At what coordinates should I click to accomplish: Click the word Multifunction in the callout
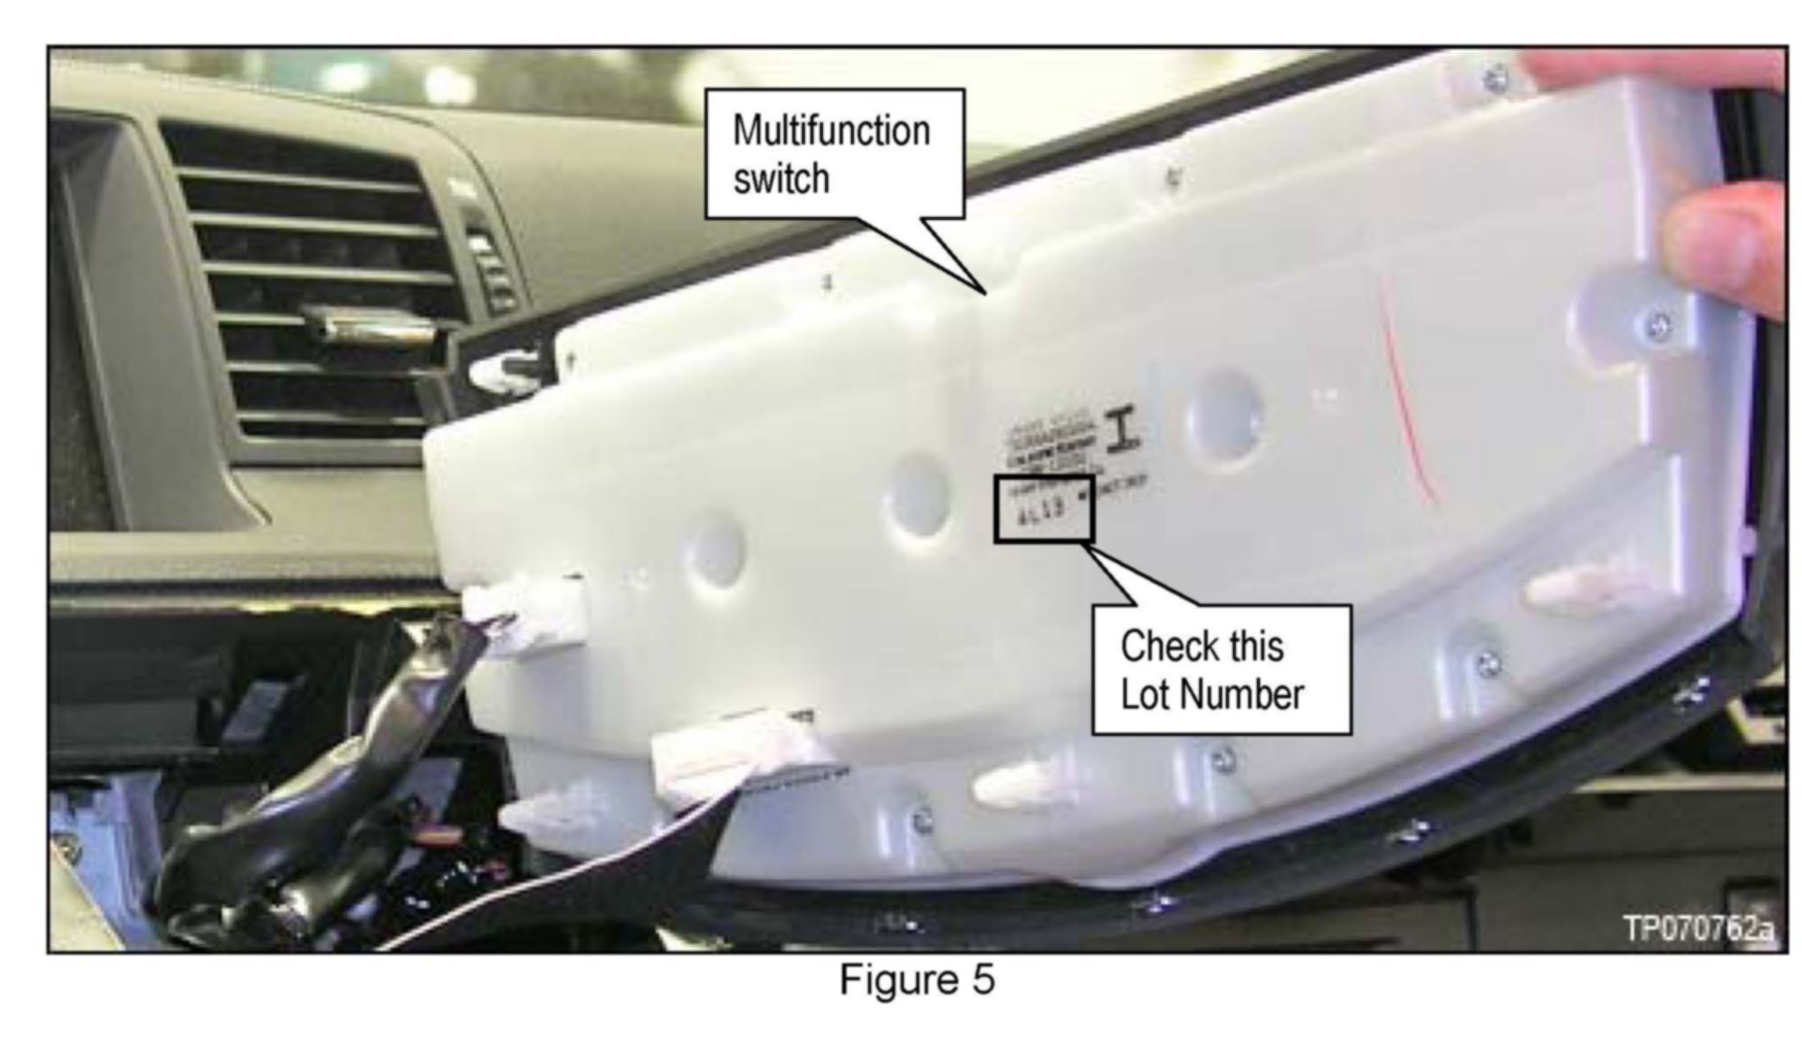(x=831, y=132)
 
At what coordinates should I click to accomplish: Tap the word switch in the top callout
(x=781, y=180)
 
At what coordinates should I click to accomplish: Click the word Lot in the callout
(x=1141, y=694)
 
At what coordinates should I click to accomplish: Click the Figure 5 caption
(x=917, y=980)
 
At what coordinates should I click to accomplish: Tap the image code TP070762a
(x=1697, y=930)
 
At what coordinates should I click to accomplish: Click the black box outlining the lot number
(x=1044, y=508)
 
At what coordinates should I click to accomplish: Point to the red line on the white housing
(x=1402, y=396)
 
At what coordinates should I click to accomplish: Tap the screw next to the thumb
(x=1660, y=325)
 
